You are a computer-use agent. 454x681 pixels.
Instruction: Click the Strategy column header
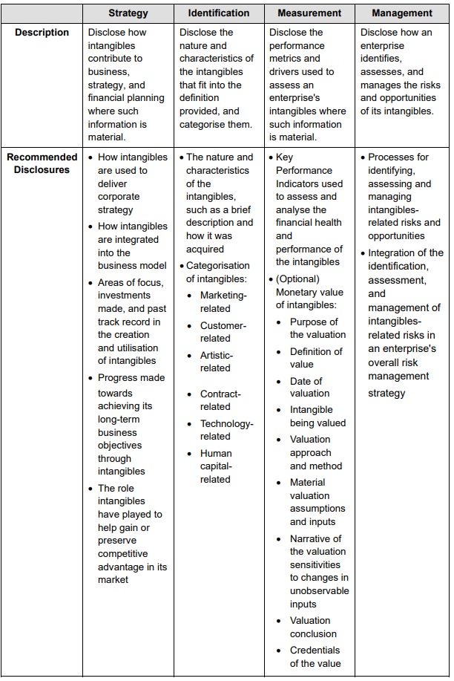pyautogui.click(x=128, y=13)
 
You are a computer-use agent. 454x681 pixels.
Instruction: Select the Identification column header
pyautogui.click(x=219, y=13)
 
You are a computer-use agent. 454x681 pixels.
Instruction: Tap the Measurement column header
pyautogui.click(x=309, y=13)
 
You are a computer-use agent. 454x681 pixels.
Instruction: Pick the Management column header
pyautogui.click(x=401, y=13)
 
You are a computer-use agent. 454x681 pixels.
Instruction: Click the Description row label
pyautogui.click(x=42, y=33)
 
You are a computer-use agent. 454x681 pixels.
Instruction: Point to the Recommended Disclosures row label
pyautogui.click(x=42, y=163)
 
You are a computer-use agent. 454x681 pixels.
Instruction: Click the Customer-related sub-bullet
pyautogui.click(x=223, y=332)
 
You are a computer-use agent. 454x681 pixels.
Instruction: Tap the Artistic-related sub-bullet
pyautogui.click(x=217, y=362)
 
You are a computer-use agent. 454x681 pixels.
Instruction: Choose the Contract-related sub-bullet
pyautogui.click(x=220, y=400)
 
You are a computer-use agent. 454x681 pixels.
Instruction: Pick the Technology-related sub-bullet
pyautogui.click(x=226, y=430)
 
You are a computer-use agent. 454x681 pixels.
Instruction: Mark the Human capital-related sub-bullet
pyautogui.click(x=217, y=466)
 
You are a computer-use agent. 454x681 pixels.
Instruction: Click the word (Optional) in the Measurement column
pyautogui.click(x=297, y=279)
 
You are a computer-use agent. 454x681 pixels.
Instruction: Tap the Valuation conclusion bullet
pyautogui.click(x=313, y=627)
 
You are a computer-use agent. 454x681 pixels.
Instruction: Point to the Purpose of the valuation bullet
pyautogui.click(x=317, y=328)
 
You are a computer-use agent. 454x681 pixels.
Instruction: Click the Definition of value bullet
pyautogui.click(x=315, y=358)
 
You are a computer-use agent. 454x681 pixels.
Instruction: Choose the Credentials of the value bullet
pyautogui.click(x=315, y=656)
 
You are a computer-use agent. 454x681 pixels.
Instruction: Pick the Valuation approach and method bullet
pyautogui.click(x=315, y=452)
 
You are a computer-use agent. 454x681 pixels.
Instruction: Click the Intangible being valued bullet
pyautogui.click(x=317, y=416)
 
